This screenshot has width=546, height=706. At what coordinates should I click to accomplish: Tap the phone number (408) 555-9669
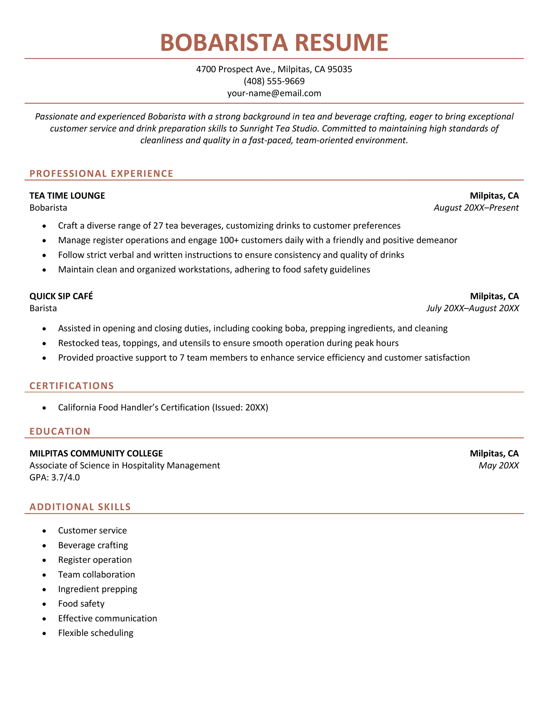click(274, 81)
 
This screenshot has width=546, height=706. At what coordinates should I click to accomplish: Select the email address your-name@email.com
click(274, 93)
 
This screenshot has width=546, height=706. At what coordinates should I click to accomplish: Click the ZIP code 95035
click(340, 70)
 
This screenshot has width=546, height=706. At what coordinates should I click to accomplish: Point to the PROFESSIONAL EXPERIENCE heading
click(101, 174)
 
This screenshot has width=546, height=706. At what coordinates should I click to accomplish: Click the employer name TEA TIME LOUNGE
click(67, 196)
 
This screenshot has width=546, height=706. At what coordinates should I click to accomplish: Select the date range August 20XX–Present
click(476, 208)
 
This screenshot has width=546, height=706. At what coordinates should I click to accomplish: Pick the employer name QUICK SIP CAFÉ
click(61, 296)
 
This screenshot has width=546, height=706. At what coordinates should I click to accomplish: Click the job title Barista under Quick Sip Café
click(43, 308)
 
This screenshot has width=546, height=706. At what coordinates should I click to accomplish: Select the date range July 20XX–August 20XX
click(473, 308)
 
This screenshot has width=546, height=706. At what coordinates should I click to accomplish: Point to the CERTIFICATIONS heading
click(72, 386)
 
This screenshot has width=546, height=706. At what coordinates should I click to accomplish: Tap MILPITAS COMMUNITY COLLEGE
click(96, 453)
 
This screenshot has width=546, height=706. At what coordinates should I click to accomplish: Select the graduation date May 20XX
click(499, 465)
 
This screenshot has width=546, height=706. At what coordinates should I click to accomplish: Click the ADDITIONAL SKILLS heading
click(80, 507)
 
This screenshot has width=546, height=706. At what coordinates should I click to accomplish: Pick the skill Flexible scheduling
click(96, 633)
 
